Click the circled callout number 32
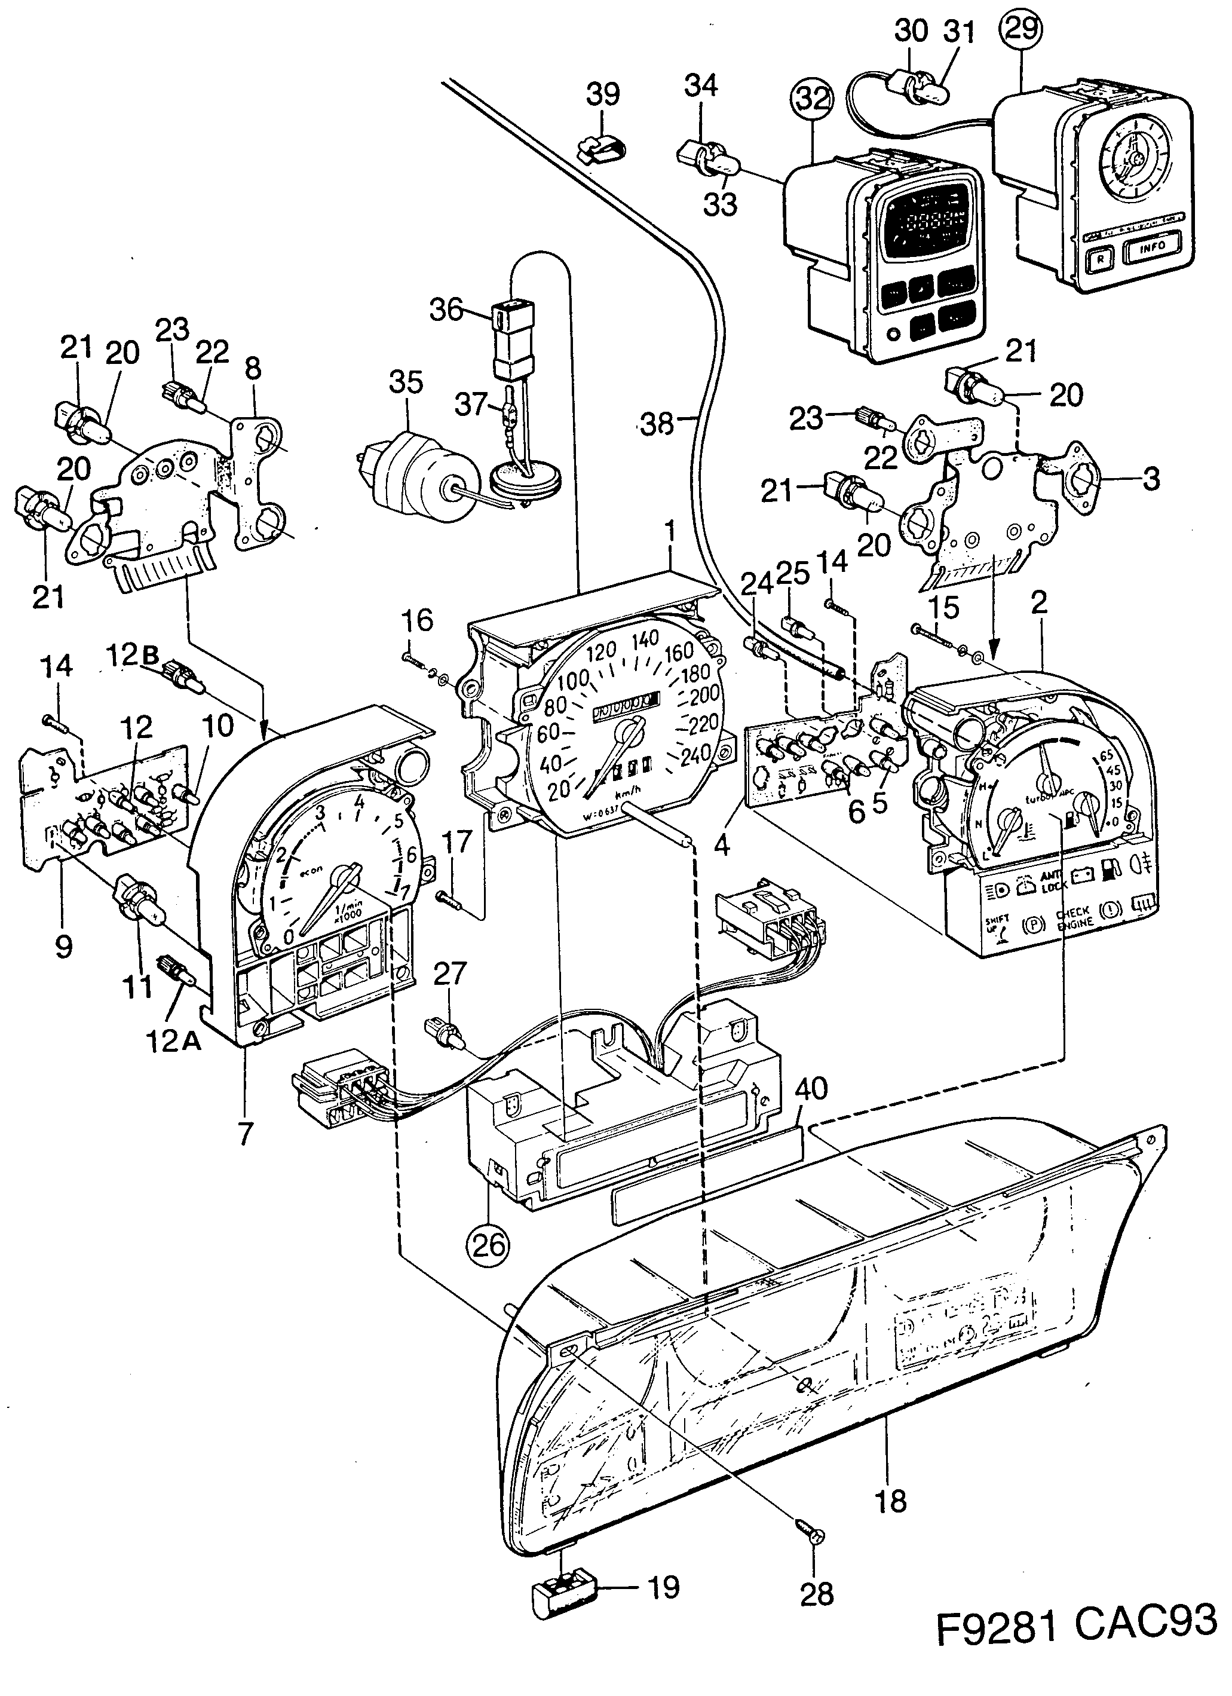coord(813,99)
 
